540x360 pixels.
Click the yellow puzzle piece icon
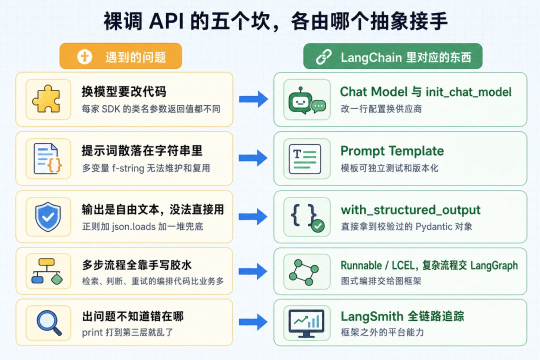[x=46, y=99]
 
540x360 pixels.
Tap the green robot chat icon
[x=306, y=100]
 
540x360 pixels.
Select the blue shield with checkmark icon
[x=48, y=216]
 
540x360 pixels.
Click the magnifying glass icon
[x=49, y=322]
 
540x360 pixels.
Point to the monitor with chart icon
[x=306, y=323]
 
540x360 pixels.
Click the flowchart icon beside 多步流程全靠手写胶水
[x=47, y=271]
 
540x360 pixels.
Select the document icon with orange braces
[x=48, y=158]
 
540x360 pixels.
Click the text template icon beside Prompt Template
[x=305, y=159]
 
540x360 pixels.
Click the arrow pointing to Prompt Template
[x=253, y=158]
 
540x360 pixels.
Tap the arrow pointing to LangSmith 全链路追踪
[x=253, y=322]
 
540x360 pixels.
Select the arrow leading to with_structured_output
[x=253, y=216]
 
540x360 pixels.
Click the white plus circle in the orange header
[x=84, y=56]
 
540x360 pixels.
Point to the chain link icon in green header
[x=323, y=57]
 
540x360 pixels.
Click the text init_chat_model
[x=468, y=92]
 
